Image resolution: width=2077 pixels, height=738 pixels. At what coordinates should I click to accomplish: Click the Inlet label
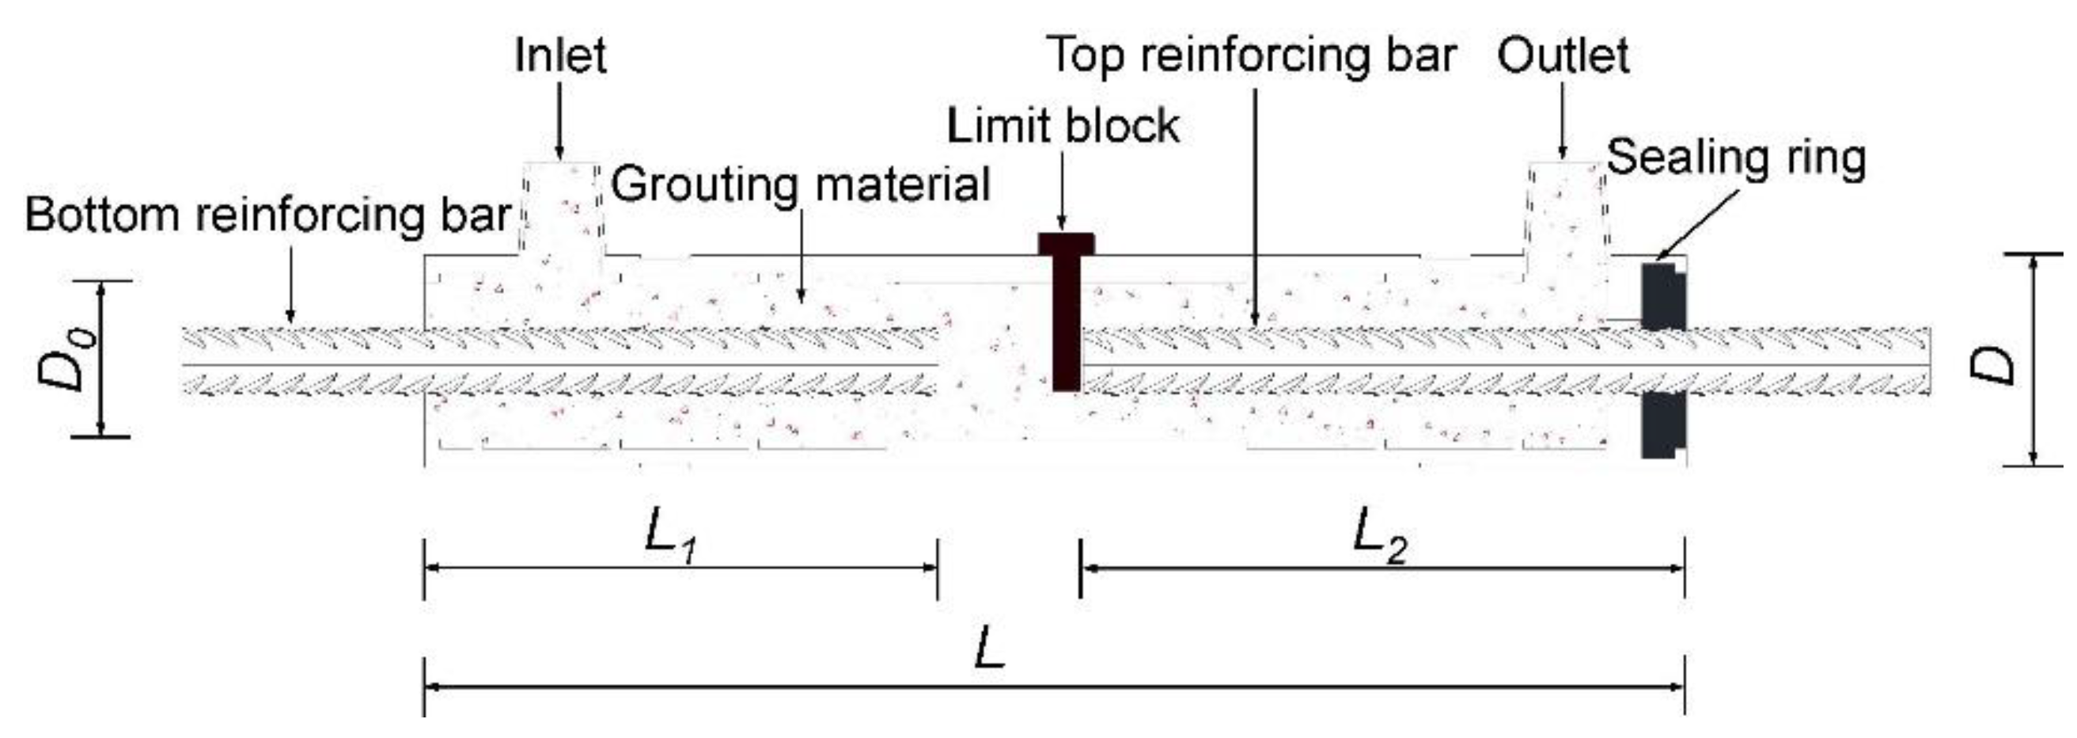pos(559,55)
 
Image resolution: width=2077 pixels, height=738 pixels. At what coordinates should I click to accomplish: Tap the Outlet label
pos(1563,55)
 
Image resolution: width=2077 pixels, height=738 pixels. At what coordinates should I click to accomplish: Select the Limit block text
pos(1062,126)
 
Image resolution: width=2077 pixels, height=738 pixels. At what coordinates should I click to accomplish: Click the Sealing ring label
pos(1736,158)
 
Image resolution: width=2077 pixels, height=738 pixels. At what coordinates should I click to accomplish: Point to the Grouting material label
pos(800,184)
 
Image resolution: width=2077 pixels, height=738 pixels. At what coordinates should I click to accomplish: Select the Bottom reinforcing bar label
pos(267,215)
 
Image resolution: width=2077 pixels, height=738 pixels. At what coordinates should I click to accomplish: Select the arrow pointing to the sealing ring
pos(1696,226)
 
